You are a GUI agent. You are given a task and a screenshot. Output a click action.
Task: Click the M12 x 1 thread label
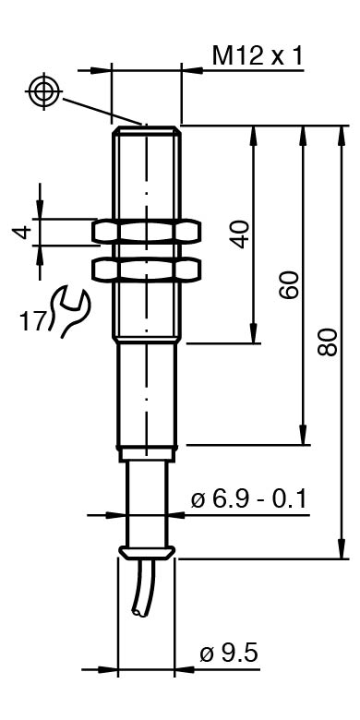pyautogui.click(x=258, y=56)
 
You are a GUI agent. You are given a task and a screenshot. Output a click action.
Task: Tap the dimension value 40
pyautogui.click(x=242, y=234)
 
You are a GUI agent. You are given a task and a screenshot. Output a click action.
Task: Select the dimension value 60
pyautogui.click(x=290, y=284)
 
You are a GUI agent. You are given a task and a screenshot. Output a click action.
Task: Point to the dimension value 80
pyautogui.click(x=328, y=342)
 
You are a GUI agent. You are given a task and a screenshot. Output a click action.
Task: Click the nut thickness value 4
pyautogui.click(x=22, y=232)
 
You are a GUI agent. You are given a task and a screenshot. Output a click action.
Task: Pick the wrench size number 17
pyautogui.click(x=33, y=320)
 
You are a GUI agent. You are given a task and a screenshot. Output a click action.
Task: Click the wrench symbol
pyautogui.click(x=69, y=311)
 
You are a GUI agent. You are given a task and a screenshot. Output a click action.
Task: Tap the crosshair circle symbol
pyautogui.click(x=43, y=90)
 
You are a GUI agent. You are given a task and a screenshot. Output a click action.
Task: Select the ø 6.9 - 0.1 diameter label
pyautogui.click(x=249, y=499)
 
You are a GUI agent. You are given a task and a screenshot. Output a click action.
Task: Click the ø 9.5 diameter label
pyautogui.click(x=229, y=653)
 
